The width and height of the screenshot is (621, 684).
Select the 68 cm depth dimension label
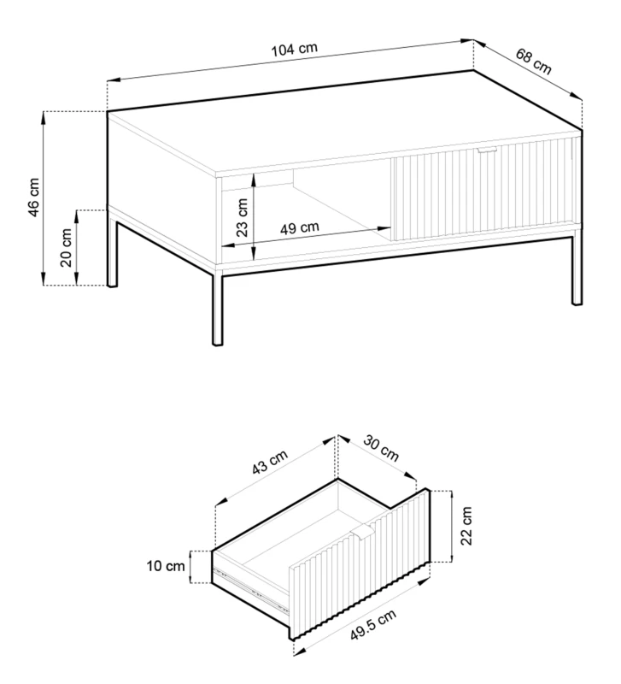pyautogui.click(x=535, y=61)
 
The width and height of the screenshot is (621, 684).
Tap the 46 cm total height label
pyautogui.click(x=32, y=198)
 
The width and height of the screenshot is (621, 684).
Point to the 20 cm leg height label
pyautogui.click(x=66, y=248)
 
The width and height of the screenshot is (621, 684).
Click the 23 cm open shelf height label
pyautogui.click(x=243, y=217)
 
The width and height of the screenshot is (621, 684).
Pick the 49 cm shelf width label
pyautogui.click(x=301, y=227)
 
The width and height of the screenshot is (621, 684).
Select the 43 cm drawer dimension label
pyautogui.click(x=270, y=466)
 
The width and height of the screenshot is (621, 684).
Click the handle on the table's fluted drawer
pyautogui.click(x=488, y=151)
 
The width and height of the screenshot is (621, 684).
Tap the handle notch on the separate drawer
pyautogui.click(x=362, y=534)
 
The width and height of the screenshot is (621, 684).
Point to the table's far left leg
pyautogui.click(x=112, y=248)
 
